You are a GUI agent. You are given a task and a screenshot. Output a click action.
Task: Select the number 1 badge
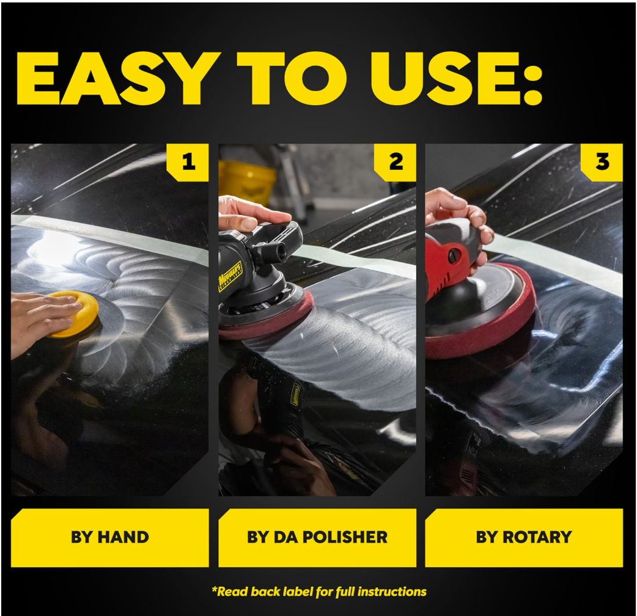click(x=189, y=162)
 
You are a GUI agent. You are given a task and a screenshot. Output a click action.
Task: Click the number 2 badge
click(x=396, y=162)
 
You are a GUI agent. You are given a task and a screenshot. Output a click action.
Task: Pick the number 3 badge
click(x=603, y=162)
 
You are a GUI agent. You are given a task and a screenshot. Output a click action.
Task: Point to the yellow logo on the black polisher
click(x=230, y=277)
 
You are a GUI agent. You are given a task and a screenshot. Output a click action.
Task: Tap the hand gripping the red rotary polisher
click(x=455, y=211)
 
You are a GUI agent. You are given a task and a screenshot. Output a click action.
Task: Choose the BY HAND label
click(x=110, y=538)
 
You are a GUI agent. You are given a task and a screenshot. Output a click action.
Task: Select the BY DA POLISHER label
click(x=317, y=538)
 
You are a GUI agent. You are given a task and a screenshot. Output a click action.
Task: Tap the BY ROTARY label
click(x=524, y=538)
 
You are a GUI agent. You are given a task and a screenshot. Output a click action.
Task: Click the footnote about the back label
click(x=318, y=592)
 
